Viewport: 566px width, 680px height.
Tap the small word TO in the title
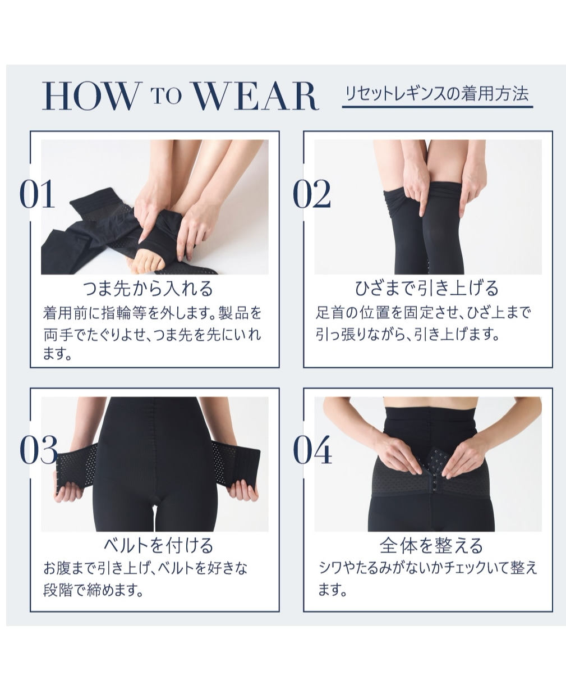[166, 96]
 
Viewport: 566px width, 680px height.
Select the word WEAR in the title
[256, 96]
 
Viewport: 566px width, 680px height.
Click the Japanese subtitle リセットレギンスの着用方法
[437, 94]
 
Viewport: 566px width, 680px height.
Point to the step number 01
[37, 194]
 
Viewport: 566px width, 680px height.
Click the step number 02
[312, 194]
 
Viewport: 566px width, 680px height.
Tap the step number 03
[38, 450]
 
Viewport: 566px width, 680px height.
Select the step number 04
[312, 450]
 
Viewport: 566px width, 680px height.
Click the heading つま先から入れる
[148, 289]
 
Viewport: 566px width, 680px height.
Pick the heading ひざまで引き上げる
[427, 289]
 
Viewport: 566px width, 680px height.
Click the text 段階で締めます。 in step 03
[93, 591]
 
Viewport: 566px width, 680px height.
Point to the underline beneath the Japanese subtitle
[438, 107]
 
